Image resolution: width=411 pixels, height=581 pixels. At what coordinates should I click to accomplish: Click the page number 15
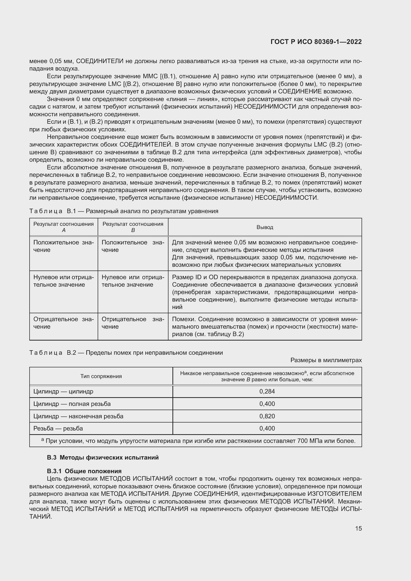(x=358, y=528)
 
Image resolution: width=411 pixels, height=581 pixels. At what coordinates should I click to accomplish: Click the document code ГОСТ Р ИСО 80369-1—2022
(x=316, y=42)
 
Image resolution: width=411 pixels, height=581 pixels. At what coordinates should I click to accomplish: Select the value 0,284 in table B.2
(x=267, y=391)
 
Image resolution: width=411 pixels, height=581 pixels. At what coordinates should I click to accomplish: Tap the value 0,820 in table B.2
(x=267, y=416)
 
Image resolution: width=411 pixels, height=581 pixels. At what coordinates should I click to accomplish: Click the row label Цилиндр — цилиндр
(x=63, y=391)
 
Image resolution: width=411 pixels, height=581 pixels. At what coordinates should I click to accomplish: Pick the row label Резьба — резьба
(x=58, y=428)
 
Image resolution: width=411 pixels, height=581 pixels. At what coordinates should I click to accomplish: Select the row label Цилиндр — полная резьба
(x=72, y=404)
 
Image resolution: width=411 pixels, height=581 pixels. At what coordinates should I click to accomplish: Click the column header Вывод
(x=265, y=227)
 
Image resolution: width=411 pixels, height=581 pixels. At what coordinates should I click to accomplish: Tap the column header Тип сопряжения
(x=101, y=376)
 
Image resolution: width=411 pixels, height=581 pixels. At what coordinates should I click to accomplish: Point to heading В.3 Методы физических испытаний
(x=103, y=458)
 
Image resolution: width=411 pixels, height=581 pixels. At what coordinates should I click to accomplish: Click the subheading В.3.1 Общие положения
(x=84, y=471)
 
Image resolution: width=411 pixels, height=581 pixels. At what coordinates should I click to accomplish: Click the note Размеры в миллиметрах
(x=326, y=360)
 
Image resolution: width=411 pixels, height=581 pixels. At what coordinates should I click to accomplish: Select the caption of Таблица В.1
(x=124, y=211)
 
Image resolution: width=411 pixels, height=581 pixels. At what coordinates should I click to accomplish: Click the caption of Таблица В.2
(x=126, y=353)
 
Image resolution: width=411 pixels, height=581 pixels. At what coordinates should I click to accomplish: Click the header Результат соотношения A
(x=64, y=227)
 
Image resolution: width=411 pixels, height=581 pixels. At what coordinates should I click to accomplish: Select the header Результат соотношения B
(x=133, y=227)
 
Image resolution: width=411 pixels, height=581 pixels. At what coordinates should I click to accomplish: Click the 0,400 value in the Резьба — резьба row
(x=267, y=428)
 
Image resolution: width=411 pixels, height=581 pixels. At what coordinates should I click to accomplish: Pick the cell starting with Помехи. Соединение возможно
(x=265, y=327)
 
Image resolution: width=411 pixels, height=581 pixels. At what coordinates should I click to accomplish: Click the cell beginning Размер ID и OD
(x=265, y=292)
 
